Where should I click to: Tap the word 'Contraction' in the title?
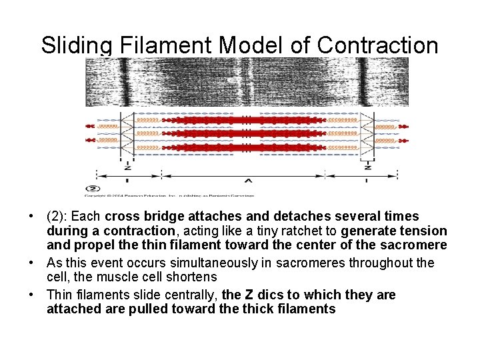point(378,45)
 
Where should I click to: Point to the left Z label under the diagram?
point(127,166)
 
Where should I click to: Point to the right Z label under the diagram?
point(367,166)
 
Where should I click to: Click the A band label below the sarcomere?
point(247,180)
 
